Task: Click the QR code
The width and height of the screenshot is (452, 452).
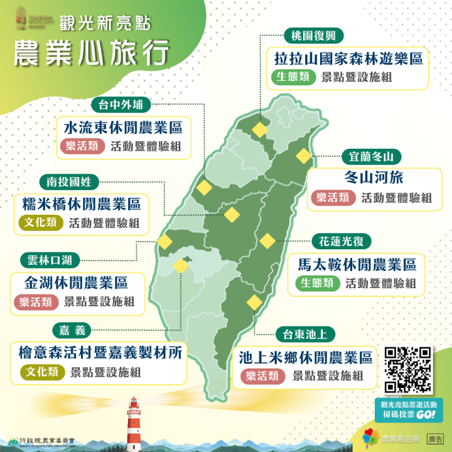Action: (x=407, y=370)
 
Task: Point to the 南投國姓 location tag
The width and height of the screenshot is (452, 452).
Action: (x=69, y=182)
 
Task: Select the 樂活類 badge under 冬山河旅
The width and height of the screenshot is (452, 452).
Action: (x=333, y=198)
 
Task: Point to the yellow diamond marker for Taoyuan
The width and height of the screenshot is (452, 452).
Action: (x=259, y=130)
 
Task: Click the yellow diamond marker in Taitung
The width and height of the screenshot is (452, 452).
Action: (x=254, y=302)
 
